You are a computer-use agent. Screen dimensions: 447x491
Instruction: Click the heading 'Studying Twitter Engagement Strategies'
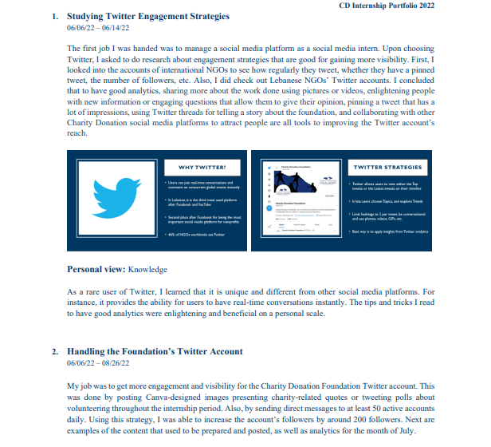147,16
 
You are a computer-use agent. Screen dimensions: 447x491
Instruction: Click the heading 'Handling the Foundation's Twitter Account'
155,351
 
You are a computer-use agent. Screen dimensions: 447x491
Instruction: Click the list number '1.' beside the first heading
55,16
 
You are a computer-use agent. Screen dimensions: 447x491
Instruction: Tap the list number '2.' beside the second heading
55,351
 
